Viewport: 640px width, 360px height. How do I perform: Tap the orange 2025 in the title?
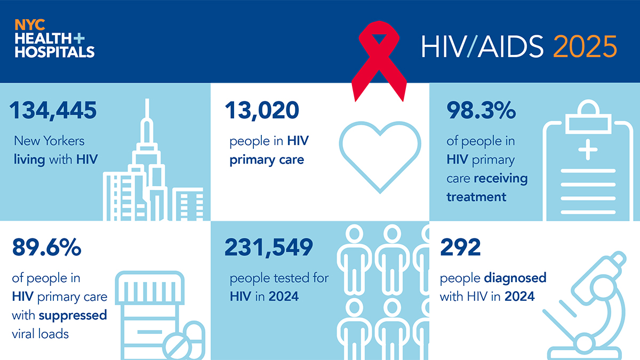pyautogui.click(x=585, y=46)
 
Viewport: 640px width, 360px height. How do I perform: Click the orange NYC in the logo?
pyautogui.click(x=30, y=25)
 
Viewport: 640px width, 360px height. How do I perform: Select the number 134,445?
pyautogui.click(x=53, y=110)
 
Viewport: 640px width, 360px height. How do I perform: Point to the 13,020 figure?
pyautogui.click(x=262, y=110)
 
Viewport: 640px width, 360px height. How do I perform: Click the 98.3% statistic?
pyautogui.click(x=481, y=110)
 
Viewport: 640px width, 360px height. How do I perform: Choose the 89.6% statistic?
pyautogui.click(x=46, y=247)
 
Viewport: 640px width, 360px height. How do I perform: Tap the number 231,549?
pyautogui.click(x=269, y=247)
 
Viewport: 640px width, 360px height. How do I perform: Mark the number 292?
pyautogui.click(x=460, y=247)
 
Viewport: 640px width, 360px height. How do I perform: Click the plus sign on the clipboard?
pyautogui.click(x=588, y=150)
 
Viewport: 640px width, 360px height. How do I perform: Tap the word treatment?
pyautogui.click(x=476, y=197)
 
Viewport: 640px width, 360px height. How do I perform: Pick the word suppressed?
pyautogui.click(x=73, y=316)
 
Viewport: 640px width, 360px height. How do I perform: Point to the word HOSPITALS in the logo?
pyautogui.click(x=54, y=52)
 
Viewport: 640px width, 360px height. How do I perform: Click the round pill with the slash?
pyautogui.click(x=177, y=346)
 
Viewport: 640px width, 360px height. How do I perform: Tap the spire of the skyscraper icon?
pyautogui.click(x=147, y=109)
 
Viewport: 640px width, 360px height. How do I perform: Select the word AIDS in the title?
pyautogui.click(x=510, y=46)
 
